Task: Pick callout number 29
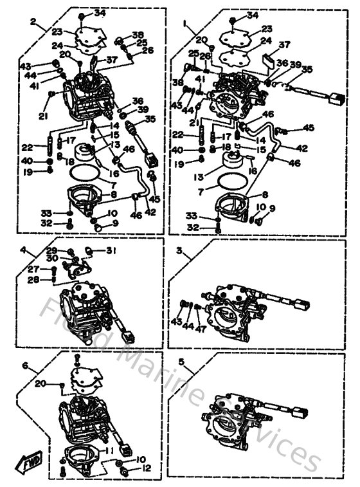click(x=52, y=250)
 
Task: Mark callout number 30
click(x=52, y=258)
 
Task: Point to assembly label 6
click(x=25, y=365)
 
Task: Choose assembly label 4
click(x=23, y=250)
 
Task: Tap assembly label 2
click(x=33, y=20)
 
